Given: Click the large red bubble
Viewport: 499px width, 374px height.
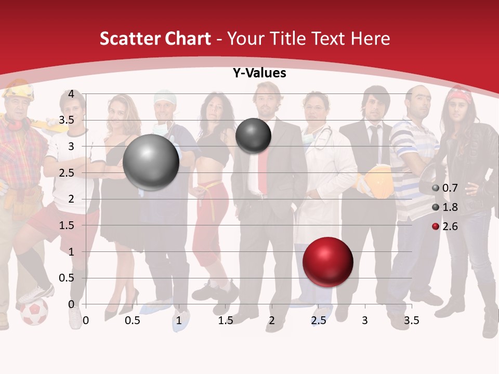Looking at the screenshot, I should (327, 262).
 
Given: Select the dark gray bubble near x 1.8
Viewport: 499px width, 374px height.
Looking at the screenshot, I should (253, 136).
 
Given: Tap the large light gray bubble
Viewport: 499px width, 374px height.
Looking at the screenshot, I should (151, 162).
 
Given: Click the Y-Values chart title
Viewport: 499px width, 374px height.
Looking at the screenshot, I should (259, 73).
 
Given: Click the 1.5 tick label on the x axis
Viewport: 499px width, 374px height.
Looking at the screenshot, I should (225, 320).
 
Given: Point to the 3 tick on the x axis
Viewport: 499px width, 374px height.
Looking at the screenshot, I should (364, 320).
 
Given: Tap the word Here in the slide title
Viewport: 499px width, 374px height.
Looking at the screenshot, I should (370, 38).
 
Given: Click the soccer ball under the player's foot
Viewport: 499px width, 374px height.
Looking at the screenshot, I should (34, 312).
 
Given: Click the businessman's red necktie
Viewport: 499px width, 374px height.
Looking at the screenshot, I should (264, 166).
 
